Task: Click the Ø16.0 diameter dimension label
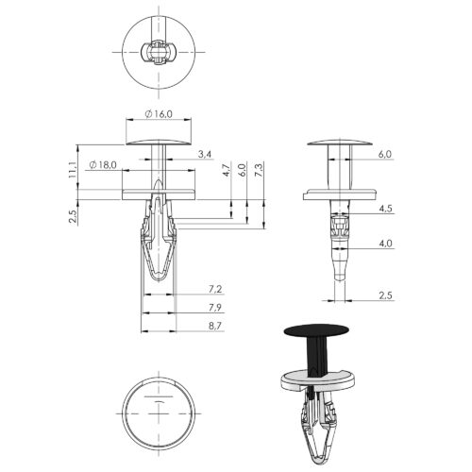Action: click(159, 114)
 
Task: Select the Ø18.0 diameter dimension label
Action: click(103, 164)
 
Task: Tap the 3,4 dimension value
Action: click(205, 154)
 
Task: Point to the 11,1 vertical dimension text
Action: click(72, 170)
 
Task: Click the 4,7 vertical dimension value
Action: click(227, 170)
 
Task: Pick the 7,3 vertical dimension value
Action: click(260, 170)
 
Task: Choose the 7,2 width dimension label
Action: click(215, 289)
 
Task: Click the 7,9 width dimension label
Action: click(215, 308)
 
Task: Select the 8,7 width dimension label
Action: click(215, 326)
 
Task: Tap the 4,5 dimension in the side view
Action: click(385, 209)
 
